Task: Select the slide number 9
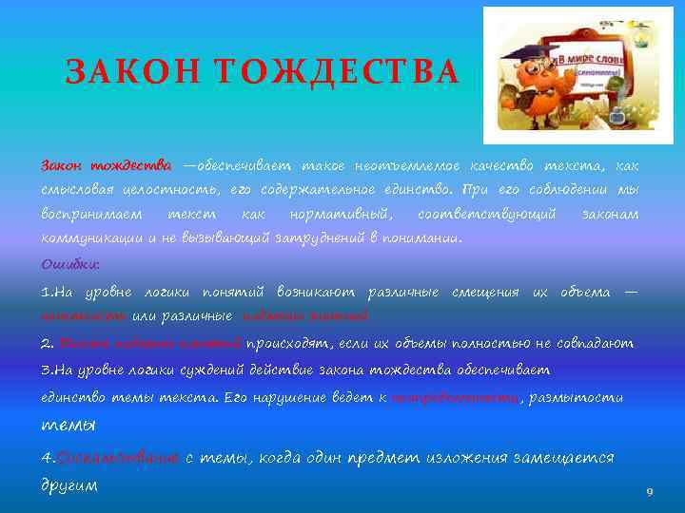pyautogui.click(x=649, y=491)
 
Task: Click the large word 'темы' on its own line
pyautogui.click(x=68, y=425)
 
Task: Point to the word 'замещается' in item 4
pyautogui.click(x=566, y=457)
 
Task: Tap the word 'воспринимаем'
pyautogui.click(x=92, y=215)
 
